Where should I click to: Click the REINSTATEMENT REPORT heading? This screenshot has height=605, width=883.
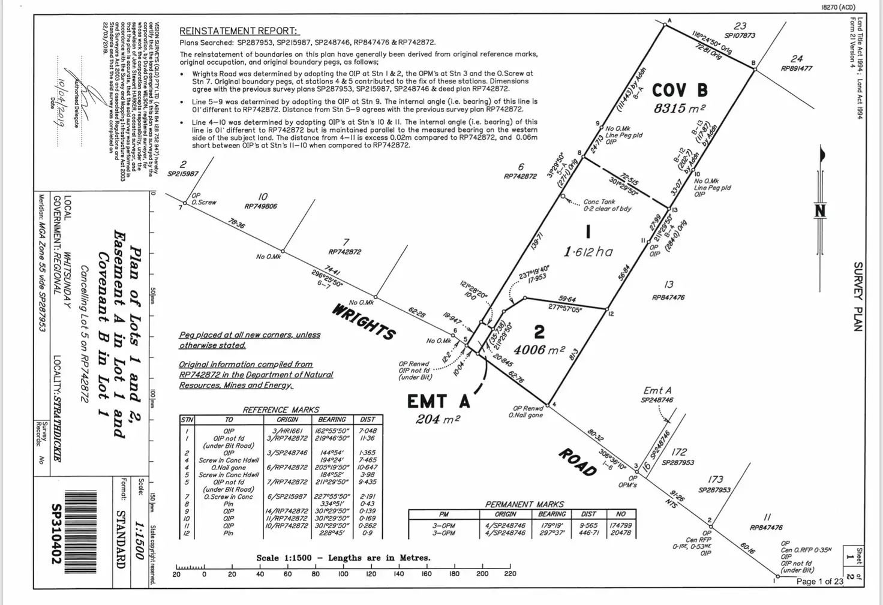[x=239, y=31]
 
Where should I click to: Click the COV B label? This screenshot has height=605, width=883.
[x=680, y=91]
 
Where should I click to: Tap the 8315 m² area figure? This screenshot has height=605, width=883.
[x=679, y=109]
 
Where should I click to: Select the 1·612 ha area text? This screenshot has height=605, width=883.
[x=588, y=252]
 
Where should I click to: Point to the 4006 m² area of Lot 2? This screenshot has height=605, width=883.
[x=539, y=350]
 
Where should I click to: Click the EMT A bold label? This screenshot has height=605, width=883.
[x=438, y=401]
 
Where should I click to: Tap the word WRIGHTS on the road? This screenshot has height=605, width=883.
[x=364, y=322]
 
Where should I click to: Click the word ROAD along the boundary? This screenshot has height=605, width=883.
[x=578, y=462]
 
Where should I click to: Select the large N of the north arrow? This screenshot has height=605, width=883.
[x=820, y=211]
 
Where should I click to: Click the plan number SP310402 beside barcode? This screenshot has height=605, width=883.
[x=56, y=534]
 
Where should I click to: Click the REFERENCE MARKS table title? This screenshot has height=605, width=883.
[x=281, y=410]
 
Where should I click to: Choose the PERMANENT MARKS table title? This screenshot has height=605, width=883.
[x=524, y=504]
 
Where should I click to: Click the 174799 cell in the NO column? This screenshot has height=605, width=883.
[x=620, y=525]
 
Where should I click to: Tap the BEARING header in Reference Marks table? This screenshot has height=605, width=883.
[x=332, y=420]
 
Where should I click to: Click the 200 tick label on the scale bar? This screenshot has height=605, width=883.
[x=482, y=574]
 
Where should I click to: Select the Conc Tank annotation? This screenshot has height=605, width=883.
[x=599, y=202]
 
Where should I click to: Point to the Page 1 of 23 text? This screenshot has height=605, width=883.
[x=819, y=581]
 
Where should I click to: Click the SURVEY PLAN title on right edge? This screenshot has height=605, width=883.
[x=858, y=296]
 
